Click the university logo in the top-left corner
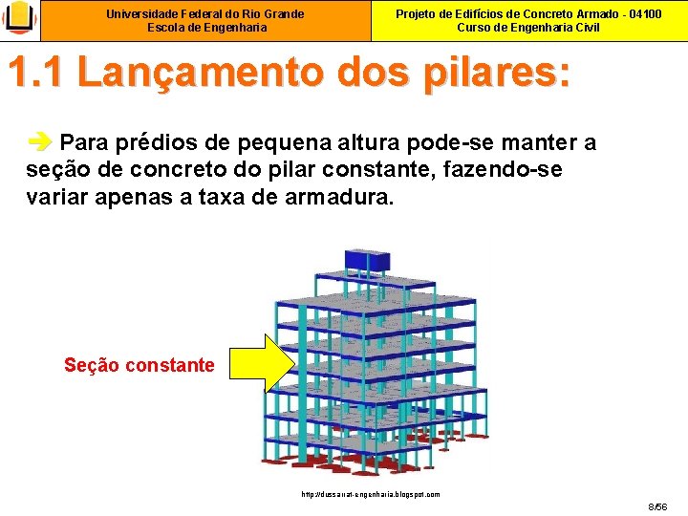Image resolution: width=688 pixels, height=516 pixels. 19,19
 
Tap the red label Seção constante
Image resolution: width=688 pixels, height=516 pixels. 140,364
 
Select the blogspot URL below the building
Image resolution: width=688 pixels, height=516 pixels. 370,494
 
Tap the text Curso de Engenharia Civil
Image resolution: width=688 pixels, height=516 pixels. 528,28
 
